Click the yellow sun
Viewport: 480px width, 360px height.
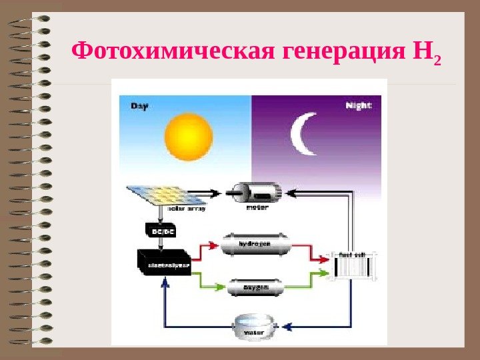189,137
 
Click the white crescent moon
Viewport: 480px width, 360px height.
303,133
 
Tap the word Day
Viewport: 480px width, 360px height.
139,105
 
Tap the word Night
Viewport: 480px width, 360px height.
359,105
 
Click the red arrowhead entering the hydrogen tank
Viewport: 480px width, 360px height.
214,245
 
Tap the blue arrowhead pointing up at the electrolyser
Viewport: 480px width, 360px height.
165,283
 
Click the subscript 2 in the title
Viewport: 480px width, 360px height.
437,63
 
